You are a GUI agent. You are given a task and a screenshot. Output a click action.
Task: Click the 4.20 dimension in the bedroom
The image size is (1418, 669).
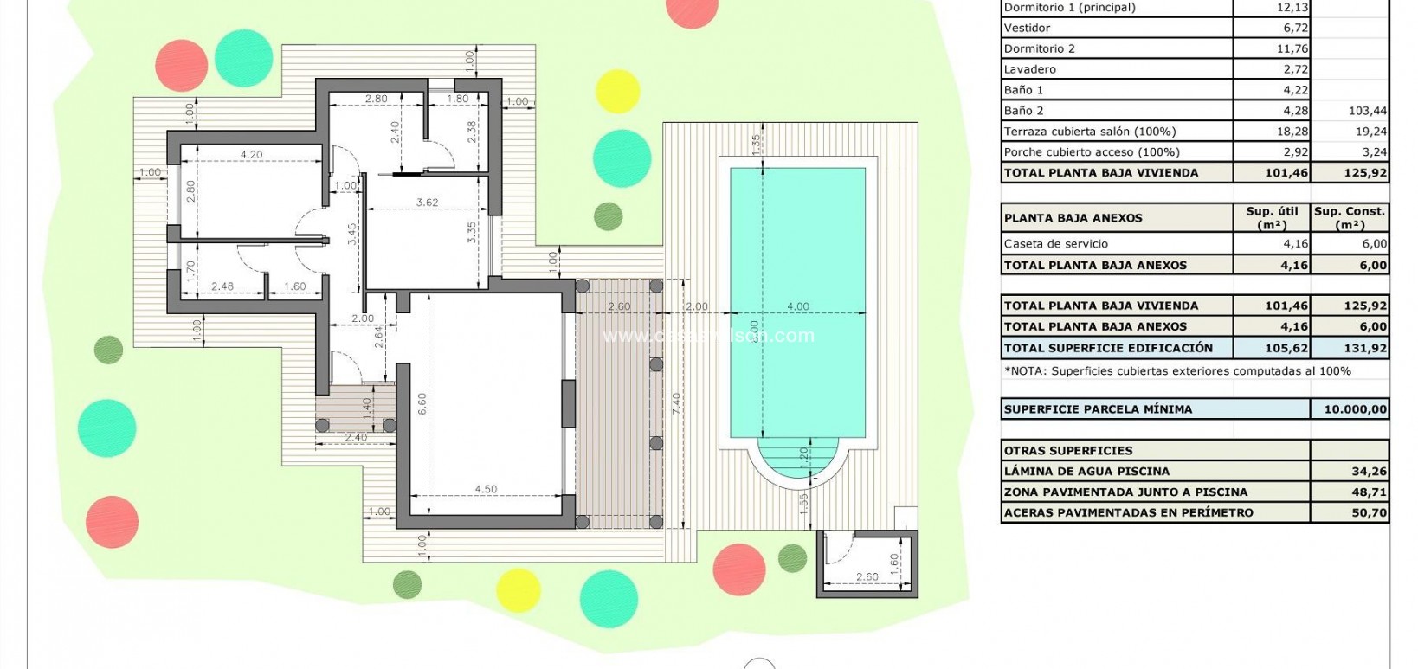(252, 155)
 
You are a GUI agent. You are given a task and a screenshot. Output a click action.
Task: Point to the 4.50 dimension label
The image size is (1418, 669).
(486, 489)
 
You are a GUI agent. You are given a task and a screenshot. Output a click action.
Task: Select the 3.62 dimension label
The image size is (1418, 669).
(427, 203)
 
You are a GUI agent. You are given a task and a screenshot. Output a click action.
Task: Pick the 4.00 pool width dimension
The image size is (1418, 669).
(797, 306)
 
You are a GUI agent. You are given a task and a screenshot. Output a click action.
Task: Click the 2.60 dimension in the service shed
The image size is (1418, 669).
(867, 576)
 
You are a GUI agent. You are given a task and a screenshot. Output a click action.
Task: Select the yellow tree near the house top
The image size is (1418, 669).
(617, 91)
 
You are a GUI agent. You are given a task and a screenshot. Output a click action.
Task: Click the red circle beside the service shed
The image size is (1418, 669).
(738, 569)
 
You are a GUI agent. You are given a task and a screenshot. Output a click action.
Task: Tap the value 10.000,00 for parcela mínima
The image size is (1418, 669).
(1355, 409)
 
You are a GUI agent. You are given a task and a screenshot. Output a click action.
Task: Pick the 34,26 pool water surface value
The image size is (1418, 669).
(1369, 472)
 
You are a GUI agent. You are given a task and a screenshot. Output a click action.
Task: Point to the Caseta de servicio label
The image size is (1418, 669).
(1055, 244)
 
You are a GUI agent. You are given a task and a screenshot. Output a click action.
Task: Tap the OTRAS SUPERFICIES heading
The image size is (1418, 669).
(1067, 451)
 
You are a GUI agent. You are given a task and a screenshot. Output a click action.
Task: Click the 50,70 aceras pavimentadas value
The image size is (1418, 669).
(1369, 513)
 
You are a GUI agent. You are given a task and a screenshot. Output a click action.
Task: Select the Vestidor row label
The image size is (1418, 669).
(1027, 28)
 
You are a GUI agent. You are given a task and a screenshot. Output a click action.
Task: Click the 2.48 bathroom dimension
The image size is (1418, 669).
(222, 286)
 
